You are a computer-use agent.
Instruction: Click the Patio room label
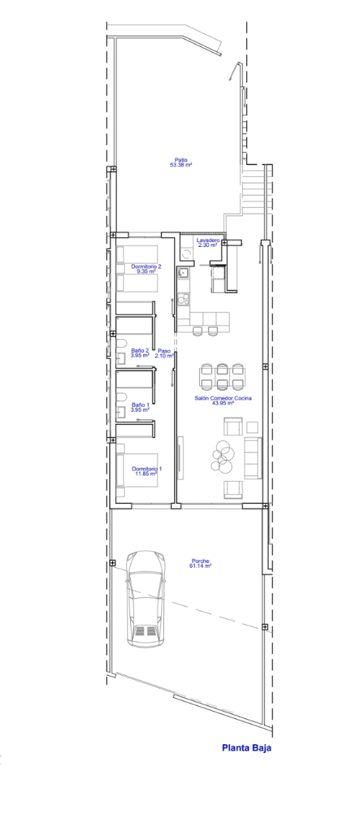click(181, 160)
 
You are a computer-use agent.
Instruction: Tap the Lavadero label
click(207, 240)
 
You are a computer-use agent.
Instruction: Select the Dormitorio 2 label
click(146, 267)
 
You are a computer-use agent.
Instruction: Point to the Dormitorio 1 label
click(146, 469)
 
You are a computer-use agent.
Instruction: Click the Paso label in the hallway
click(164, 351)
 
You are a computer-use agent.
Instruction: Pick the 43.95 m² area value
click(222, 403)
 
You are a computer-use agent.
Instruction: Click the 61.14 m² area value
click(200, 566)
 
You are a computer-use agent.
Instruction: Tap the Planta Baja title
click(247, 748)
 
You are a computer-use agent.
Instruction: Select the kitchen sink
click(183, 273)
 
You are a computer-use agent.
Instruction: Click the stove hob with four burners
click(183, 300)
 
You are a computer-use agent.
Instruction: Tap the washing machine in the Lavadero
click(187, 253)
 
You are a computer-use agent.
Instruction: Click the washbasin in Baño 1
click(120, 411)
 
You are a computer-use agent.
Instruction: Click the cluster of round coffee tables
click(222, 455)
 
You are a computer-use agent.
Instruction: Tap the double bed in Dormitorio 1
click(137, 470)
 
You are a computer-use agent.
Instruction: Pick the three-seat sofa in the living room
click(253, 457)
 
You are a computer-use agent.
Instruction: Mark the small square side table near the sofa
click(252, 427)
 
